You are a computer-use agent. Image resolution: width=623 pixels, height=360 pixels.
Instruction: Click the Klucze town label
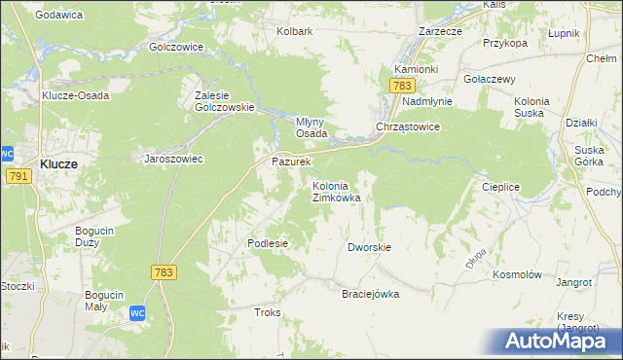59,164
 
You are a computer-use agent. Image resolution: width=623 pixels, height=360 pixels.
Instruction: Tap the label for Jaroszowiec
173,159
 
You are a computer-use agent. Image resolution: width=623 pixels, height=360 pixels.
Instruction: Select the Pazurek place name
290,161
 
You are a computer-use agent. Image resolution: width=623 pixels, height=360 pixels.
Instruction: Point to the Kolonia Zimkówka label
336,191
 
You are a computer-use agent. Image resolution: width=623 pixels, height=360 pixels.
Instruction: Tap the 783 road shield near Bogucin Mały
163,273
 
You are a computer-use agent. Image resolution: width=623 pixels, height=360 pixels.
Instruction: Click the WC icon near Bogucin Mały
138,313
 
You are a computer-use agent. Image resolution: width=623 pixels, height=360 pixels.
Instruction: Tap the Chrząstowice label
409,127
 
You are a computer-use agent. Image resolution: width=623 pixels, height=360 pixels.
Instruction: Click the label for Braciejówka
370,294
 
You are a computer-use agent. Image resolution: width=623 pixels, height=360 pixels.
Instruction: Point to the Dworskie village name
369,247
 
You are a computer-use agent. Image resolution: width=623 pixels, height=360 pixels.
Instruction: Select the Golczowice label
175,46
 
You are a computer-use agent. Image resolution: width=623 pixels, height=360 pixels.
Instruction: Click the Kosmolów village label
517,275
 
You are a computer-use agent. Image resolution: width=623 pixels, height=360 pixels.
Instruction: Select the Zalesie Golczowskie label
224,101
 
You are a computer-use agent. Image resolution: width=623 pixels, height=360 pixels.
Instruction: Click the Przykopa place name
504,43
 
